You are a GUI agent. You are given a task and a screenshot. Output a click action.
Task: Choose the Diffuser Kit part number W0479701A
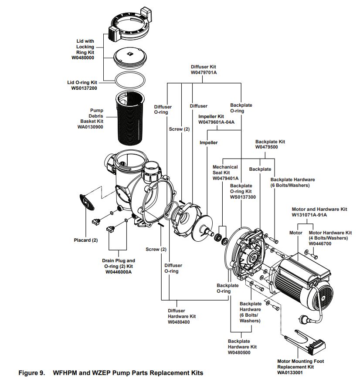pos(204,73)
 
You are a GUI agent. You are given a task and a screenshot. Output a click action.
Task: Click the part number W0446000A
pos(119,272)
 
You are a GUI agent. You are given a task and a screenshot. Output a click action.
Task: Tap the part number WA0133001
pos(295,373)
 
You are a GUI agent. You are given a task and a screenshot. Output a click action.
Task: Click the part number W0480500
pos(239,352)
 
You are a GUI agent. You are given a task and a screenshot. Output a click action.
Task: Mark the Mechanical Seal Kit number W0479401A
pos(225,179)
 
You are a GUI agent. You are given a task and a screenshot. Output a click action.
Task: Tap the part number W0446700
pos(320,244)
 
